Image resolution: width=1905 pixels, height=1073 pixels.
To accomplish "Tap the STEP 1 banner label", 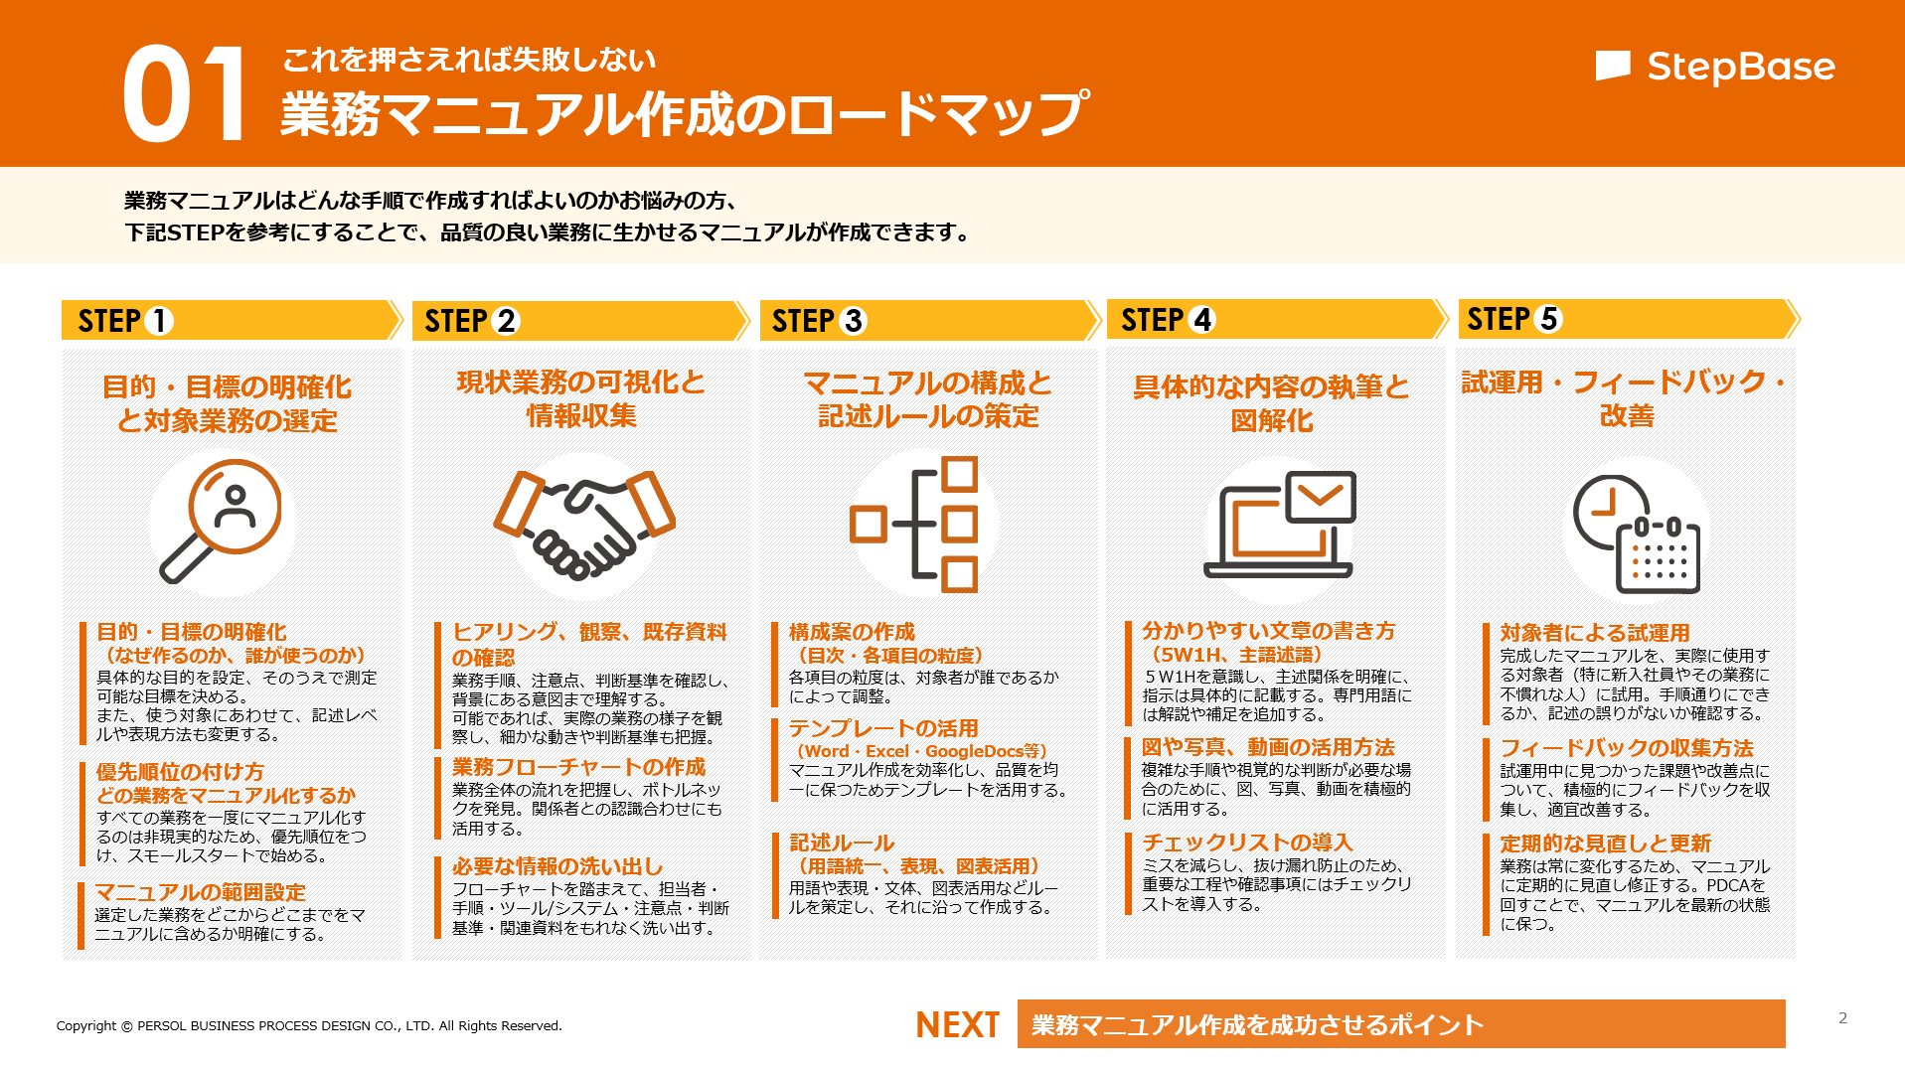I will [x=125, y=321].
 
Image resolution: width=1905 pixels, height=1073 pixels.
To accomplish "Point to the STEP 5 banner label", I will [x=1514, y=319].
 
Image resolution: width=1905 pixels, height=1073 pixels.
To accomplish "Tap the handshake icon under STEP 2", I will [x=584, y=524].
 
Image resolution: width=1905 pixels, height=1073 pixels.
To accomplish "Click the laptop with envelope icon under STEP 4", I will [x=1280, y=525].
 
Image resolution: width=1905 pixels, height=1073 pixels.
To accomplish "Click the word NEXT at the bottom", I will [x=957, y=1024].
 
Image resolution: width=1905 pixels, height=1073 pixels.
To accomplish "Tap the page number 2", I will [x=1842, y=1017].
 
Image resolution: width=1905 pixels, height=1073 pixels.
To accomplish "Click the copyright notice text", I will [x=309, y=1025].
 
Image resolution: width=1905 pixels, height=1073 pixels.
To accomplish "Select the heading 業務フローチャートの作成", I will [x=578, y=767].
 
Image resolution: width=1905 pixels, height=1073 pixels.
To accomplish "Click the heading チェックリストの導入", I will [x=1247, y=843].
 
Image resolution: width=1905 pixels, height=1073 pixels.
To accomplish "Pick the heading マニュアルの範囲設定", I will [x=200, y=892].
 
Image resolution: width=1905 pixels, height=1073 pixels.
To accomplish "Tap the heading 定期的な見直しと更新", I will [x=1605, y=843].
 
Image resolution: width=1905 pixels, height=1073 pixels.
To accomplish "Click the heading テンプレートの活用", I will [x=883, y=728].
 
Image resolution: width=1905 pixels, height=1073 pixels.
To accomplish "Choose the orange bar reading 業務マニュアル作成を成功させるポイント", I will [x=1400, y=1024].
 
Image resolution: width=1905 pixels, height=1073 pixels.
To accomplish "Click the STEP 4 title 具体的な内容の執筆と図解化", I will [x=1271, y=403].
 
